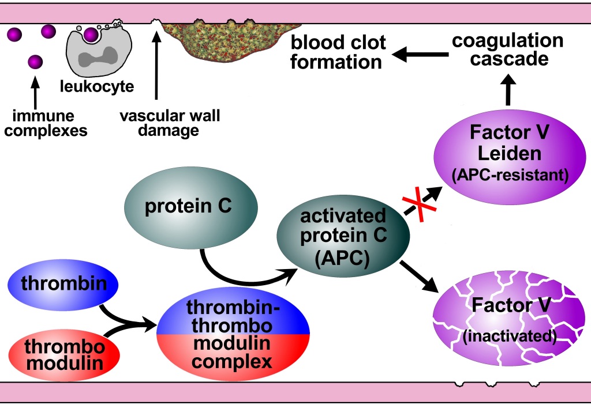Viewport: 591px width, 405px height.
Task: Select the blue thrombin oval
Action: pyautogui.click(x=62, y=284)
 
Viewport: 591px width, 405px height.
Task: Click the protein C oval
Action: pyautogui.click(x=188, y=206)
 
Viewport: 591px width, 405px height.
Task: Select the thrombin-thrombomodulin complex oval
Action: pyautogui.click(x=233, y=334)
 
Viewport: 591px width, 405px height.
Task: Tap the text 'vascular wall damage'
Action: pyautogui.click(x=169, y=123)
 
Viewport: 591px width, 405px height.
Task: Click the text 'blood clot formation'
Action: pyautogui.click(x=338, y=52)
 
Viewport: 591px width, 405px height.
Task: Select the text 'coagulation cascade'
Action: pyautogui.click(x=507, y=50)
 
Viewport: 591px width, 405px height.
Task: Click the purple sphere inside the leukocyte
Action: pyautogui.click(x=91, y=35)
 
